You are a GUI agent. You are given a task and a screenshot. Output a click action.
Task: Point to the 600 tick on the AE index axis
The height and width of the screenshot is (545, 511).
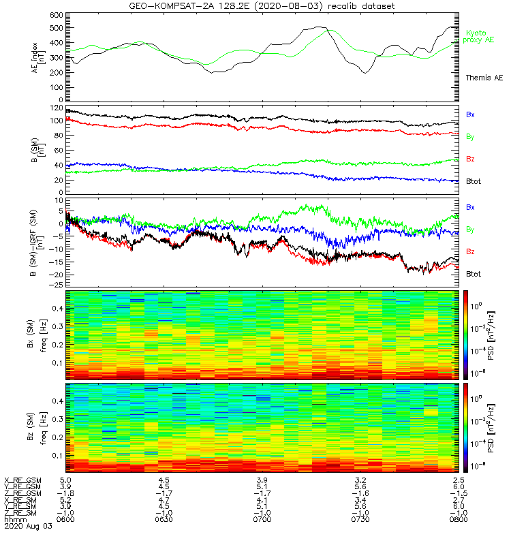(56, 14)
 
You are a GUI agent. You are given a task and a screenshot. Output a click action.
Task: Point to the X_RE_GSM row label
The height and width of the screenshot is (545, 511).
(22, 480)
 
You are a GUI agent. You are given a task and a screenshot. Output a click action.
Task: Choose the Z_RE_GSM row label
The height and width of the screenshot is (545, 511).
(22, 493)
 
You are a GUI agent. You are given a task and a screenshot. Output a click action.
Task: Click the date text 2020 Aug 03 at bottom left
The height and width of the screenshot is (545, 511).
(28, 526)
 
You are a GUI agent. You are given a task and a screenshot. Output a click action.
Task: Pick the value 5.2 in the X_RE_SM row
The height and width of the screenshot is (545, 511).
(66, 499)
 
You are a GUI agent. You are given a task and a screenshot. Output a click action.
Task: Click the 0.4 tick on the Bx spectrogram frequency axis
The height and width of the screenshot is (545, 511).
(57, 309)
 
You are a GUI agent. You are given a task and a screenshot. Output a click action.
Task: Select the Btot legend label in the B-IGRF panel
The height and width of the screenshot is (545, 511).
(474, 273)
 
